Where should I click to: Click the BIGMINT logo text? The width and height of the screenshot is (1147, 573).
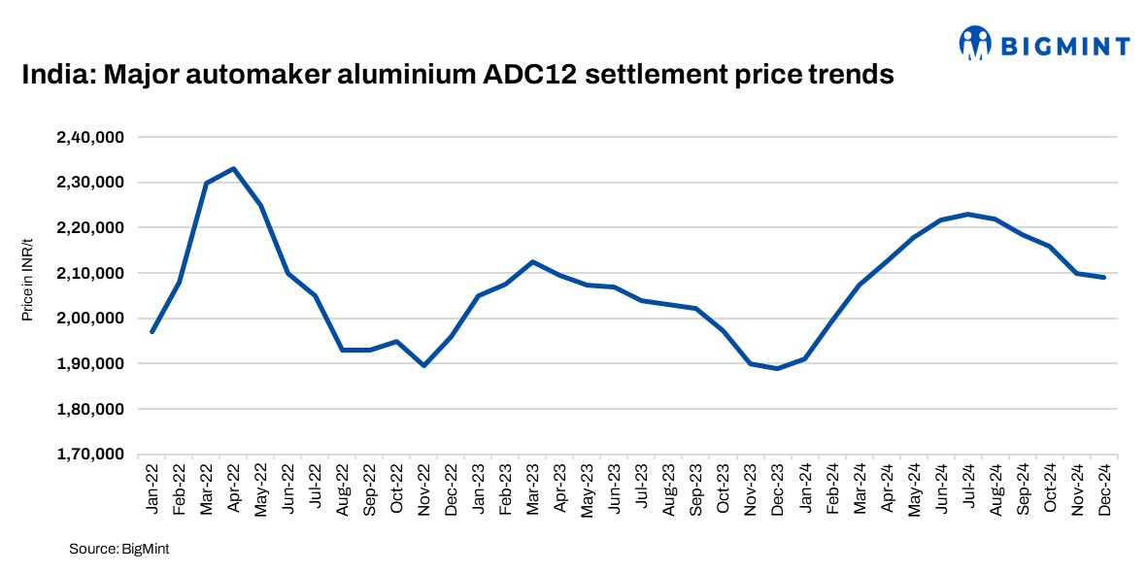(x=1075, y=45)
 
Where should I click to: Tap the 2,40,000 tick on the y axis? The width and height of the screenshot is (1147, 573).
(x=89, y=137)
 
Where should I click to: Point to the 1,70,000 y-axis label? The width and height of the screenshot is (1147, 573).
(x=89, y=455)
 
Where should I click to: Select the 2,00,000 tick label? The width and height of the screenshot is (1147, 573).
(x=89, y=319)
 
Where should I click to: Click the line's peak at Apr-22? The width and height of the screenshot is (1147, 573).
(x=234, y=168)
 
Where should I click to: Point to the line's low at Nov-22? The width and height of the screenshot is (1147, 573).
(x=424, y=365)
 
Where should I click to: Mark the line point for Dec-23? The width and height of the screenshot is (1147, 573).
(x=778, y=368)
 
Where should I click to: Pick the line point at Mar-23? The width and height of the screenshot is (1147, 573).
(x=533, y=261)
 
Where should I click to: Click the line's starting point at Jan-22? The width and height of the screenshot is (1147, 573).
(x=152, y=332)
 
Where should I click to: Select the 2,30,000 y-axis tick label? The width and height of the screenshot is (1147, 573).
(x=89, y=183)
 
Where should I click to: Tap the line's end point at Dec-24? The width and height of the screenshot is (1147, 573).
(x=1104, y=278)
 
